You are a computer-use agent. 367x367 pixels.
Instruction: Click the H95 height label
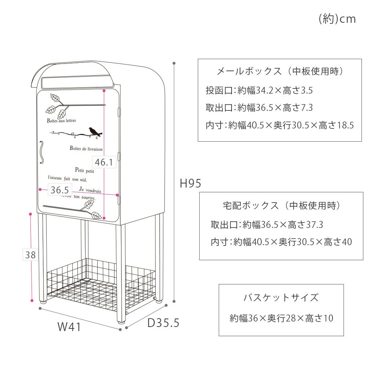coord(190,183)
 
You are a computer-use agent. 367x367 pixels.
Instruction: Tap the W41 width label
coord(69,327)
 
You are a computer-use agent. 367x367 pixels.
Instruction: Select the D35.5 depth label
coord(163,323)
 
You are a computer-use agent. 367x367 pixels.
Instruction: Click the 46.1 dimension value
coord(104,162)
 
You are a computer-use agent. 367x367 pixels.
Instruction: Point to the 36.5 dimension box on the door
coord(60,190)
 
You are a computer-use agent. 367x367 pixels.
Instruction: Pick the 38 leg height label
coord(30,255)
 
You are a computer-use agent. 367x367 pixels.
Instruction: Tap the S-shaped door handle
coord(42,151)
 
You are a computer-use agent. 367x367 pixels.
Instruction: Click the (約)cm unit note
coord(337,19)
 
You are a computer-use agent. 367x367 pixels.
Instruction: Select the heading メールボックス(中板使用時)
coord(280,71)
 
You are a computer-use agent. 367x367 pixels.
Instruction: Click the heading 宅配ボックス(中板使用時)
coord(281,206)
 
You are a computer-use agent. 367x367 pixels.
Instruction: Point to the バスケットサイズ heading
coord(281,297)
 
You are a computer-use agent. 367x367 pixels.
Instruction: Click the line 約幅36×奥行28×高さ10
coord(281,318)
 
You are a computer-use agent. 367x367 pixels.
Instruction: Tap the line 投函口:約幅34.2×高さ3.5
coord(259,90)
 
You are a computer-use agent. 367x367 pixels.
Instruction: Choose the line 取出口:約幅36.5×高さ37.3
coord(267,224)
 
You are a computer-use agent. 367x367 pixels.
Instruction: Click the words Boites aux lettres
coord(61,121)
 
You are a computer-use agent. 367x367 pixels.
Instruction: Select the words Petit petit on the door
coord(84,170)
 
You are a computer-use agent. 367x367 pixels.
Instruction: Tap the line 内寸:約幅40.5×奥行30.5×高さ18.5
coord(280,126)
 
